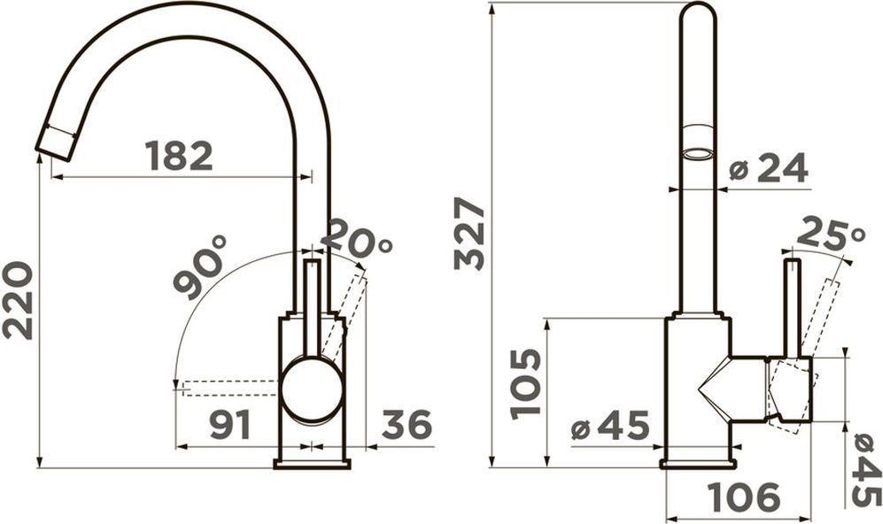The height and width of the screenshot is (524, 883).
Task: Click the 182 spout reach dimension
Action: coord(179,156)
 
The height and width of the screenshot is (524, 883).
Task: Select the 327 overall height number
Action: coord(469,233)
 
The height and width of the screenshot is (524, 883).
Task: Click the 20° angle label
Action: coord(357,237)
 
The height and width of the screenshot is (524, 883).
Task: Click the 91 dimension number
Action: coord(230,425)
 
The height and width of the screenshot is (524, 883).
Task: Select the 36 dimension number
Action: coord(407,424)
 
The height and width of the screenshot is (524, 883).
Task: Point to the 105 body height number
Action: coord(525,384)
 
